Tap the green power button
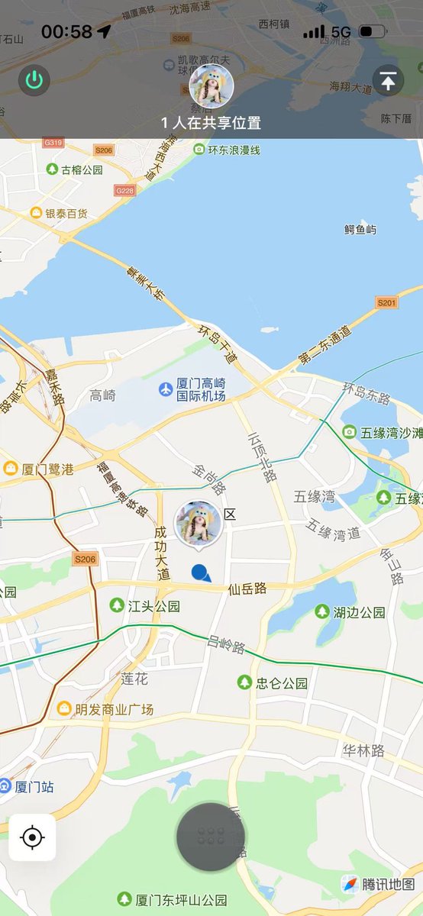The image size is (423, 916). click(x=34, y=80)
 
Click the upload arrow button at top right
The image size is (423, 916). click(x=388, y=80)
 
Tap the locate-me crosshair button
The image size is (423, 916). click(x=32, y=837)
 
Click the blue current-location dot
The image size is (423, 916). click(x=201, y=572)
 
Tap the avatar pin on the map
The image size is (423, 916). click(x=199, y=524)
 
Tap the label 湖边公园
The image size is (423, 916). click(x=359, y=612)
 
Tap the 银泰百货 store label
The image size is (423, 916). click(x=66, y=213)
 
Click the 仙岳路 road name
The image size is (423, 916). click(x=247, y=589)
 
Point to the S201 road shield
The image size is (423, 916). click(x=387, y=303)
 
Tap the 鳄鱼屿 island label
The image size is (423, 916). click(x=360, y=229)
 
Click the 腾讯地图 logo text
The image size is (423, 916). click(x=389, y=884)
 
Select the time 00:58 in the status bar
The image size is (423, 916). click(x=66, y=32)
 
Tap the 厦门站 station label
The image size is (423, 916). click(x=33, y=786)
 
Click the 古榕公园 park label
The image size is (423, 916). click(x=82, y=169)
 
